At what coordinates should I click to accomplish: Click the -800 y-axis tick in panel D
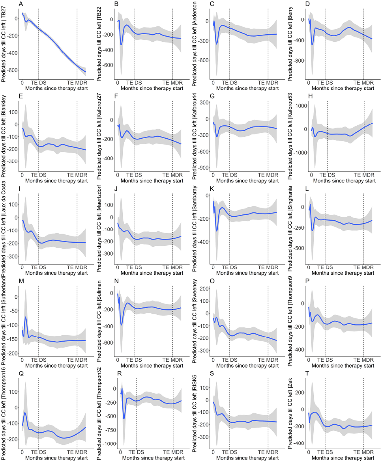pos(299,61)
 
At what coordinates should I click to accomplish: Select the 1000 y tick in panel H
pos(298,106)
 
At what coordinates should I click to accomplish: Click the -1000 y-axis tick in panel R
pos(106,444)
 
